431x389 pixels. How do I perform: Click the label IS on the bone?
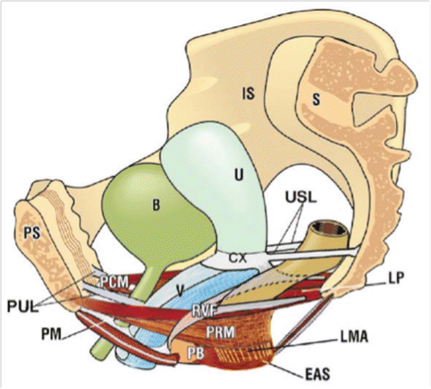pos(248,92)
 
